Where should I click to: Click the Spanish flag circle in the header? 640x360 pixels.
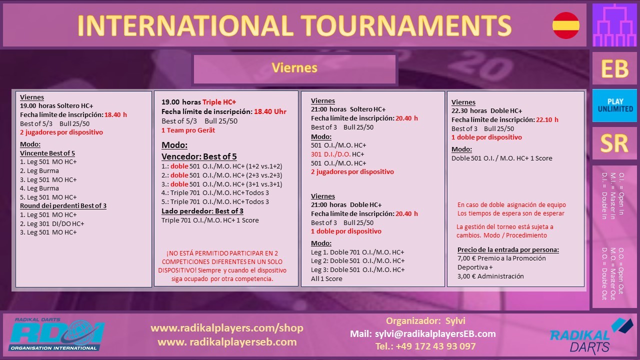[x=565, y=25]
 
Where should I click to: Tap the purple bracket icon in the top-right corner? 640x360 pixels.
[x=614, y=25]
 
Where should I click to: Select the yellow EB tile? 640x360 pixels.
[x=614, y=68]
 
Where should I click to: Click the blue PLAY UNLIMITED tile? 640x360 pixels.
[x=614, y=105]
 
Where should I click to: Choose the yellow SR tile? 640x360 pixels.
[x=614, y=143]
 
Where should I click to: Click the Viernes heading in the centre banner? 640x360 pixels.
[x=294, y=68]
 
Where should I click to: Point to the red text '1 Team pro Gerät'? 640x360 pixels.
[x=188, y=130]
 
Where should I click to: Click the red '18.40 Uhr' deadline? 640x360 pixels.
[x=270, y=111]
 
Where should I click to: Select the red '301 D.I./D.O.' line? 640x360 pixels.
[x=330, y=154]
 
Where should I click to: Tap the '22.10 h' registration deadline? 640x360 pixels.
[x=547, y=119]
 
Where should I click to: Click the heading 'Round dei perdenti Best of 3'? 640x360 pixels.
[x=63, y=205]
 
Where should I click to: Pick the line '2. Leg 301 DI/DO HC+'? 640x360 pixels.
[x=52, y=223]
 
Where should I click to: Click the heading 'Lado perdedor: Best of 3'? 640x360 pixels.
[x=202, y=211]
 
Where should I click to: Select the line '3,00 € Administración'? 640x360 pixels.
[x=490, y=276]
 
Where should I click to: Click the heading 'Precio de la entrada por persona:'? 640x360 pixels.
[x=508, y=249]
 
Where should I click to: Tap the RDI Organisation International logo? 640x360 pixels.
[x=56, y=334]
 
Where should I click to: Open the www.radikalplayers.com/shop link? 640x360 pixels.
[x=227, y=328]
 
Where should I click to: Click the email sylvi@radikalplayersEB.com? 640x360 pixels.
[x=435, y=333]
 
